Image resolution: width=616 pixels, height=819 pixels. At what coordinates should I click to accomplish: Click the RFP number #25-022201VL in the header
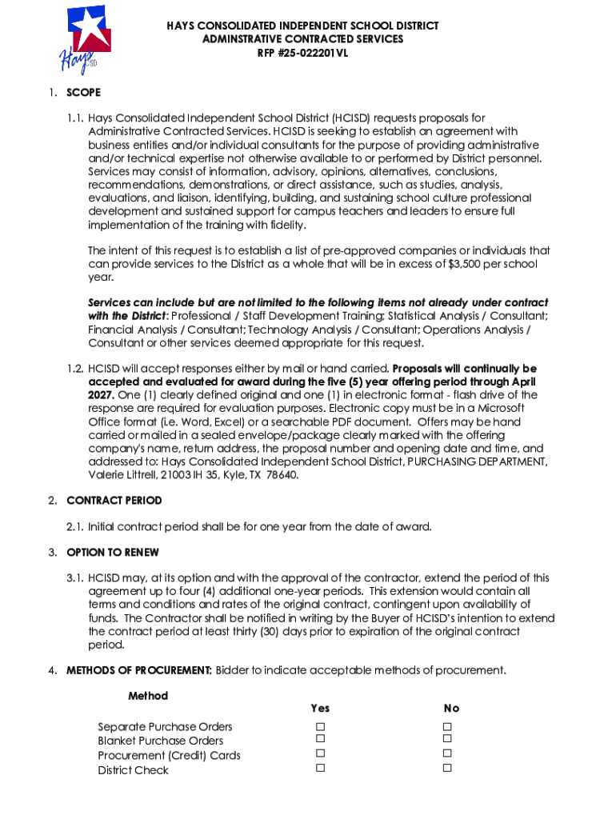[302, 54]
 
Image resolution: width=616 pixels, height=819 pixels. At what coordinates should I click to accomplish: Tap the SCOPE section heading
[83, 93]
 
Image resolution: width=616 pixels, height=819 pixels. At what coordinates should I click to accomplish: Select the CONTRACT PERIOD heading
[114, 501]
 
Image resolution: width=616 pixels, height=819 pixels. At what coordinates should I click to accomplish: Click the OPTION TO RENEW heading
[113, 553]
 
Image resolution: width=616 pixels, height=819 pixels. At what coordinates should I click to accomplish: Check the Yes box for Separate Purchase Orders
[320, 726]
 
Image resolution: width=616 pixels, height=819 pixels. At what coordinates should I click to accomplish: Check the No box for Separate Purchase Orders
[448, 726]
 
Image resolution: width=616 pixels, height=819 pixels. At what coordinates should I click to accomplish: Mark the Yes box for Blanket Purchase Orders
[320, 740]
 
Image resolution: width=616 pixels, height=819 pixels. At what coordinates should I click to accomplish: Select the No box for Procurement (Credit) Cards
[448, 753]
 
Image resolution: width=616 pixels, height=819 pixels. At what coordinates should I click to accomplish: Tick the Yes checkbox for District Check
[320, 768]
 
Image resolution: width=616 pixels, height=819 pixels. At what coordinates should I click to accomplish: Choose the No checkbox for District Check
[448, 768]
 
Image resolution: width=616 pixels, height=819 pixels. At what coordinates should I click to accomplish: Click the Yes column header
[320, 708]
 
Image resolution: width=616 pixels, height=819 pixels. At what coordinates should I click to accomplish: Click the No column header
[452, 708]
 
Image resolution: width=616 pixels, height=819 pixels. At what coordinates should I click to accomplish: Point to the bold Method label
[148, 696]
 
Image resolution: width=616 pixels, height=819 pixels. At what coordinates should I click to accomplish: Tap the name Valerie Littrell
[118, 475]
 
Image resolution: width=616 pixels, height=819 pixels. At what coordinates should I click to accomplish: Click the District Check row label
[134, 770]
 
